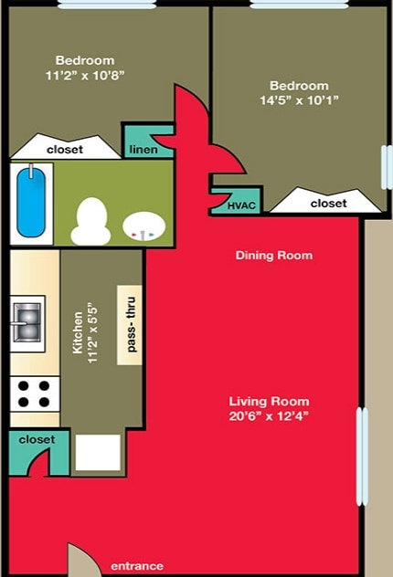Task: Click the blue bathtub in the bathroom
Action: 32,201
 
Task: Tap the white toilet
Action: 90,221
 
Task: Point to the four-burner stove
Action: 34,393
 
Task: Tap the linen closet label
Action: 143,150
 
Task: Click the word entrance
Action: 136,567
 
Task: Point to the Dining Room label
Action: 274,256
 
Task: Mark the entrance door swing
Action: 80,559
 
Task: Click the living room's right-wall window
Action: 361,456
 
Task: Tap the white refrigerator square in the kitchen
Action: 98,452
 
